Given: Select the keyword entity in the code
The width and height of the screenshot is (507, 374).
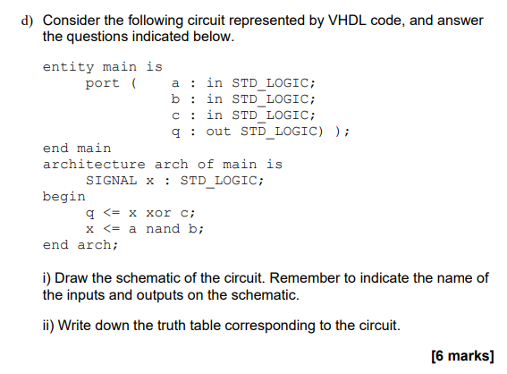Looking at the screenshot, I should pyautogui.click(x=67, y=67).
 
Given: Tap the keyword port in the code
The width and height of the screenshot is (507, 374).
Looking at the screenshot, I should pyautogui.click(x=103, y=83).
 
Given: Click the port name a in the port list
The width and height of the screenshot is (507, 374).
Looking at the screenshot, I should pyautogui.click(x=175, y=83).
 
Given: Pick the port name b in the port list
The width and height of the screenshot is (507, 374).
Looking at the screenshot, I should pyautogui.click(x=175, y=99).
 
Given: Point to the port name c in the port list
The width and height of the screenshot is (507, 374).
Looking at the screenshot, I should pyautogui.click(x=175, y=115).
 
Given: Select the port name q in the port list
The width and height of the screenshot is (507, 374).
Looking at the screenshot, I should pyautogui.click(x=175, y=132).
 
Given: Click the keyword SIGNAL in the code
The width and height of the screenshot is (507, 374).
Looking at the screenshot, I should pyautogui.click(x=112, y=180).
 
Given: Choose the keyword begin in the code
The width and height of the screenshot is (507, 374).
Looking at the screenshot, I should pyautogui.click(x=64, y=196).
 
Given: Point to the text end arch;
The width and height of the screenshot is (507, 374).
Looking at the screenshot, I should pyautogui.click(x=80, y=244).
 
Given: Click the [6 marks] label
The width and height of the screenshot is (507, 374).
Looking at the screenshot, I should pyautogui.click(x=461, y=355).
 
